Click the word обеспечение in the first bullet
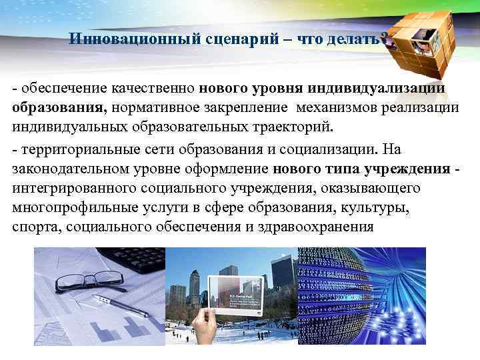(58, 88)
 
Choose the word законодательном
(71, 169)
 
